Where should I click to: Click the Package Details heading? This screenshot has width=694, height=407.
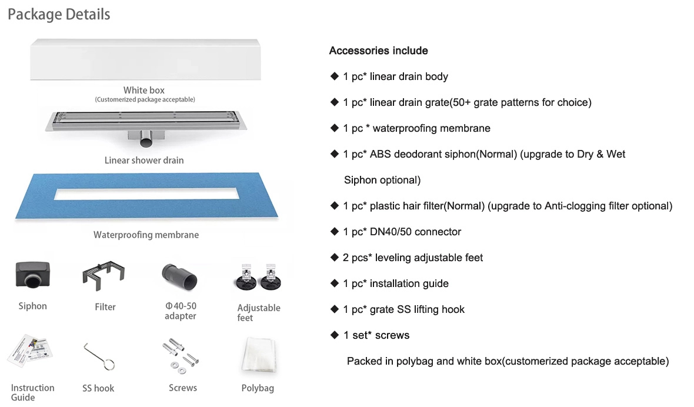pyautogui.click(x=59, y=14)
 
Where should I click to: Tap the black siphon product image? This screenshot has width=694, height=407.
pyautogui.click(x=32, y=275)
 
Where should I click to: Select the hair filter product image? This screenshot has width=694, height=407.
pyautogui.click(x=104, y=276)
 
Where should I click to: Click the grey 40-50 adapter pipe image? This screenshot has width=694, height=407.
pyautogui.click(x=179, y=275)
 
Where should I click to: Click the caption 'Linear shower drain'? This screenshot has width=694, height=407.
pyautogui.click(x=144, y=160)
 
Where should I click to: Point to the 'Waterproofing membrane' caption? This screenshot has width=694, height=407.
pyautogui.click(x=146, y=235)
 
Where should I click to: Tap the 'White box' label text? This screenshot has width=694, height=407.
pyautogui.click(x=144, y=90)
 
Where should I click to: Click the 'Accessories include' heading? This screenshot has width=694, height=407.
pyautogui.click(x=378, y=51)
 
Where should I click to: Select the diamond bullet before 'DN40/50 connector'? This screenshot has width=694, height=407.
pyautogui.click(x=334, y=231)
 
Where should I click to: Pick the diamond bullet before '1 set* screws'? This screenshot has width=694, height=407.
pyautogui.click(x=334, y=335)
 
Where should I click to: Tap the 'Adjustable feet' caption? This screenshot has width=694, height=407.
pyautogui.click(x=259, y=312)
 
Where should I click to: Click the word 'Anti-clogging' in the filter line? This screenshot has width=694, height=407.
pyautogui.click(x=574, y=206)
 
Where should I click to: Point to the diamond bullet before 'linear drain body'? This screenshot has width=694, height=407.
pyautogui.click(x=334, y=76)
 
